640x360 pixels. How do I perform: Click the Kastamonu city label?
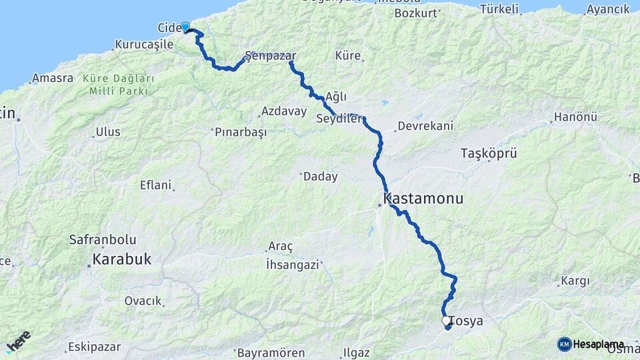pyautogui.click(x=424, y=199)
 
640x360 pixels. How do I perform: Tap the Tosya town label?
pyautogui.click(x=466, y=321)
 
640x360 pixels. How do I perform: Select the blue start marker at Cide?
pyautogui.click(x=185, y=27)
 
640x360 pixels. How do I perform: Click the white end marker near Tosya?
pyautogui.click(x=446, y=321)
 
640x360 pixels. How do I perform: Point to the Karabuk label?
pyautogui.click(x=122, y=259)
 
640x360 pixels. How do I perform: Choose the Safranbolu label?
pyautogui.click(x=103, y=239)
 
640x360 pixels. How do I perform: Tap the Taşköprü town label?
pyautogui.click(x=489, y=153)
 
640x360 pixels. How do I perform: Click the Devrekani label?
pyautogui.click(x=425, y=125)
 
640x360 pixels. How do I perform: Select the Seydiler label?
pyautogui.click(x=339, y=119)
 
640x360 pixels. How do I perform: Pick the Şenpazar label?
pyautogui.click(x=271, y=56)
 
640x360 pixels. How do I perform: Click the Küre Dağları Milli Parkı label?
pyautogui.click(x=119, y=85)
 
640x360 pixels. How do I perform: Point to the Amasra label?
pyautogui.click(x=53, y=78)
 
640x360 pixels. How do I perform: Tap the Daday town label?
pyautogui.click(x=320, y=177)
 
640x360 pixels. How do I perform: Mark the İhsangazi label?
pyautogui.click(x=293, y=264)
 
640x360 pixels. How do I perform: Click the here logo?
pyautogui.click(x=19, y=341)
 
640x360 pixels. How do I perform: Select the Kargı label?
pyautogui.click(x=575, y=281)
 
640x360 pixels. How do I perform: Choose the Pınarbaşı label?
pyautogui.click(x=241, y=132)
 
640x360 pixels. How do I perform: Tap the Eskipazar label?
pyautogui.click(x=94, y=347)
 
